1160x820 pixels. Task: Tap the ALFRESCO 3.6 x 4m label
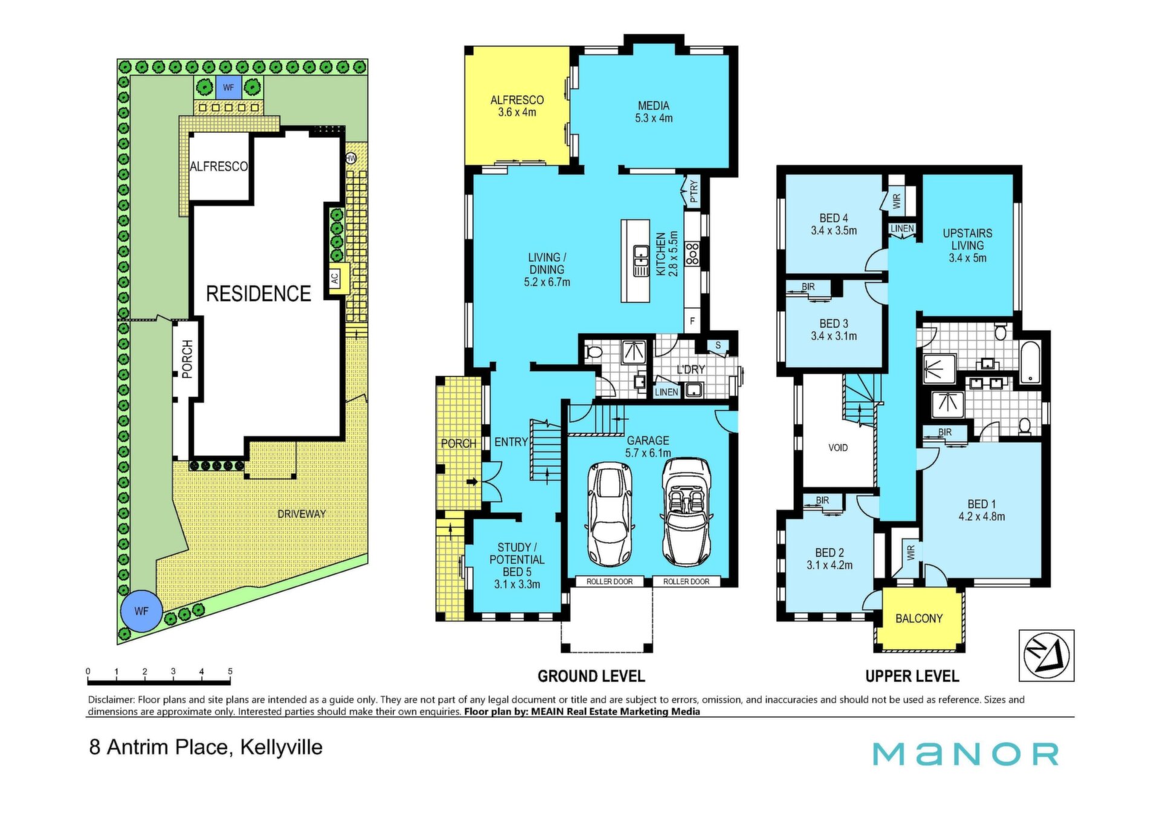[x=517, y=106]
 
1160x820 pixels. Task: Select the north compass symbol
[x=1046, y=656]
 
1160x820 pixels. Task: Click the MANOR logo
[x=965, y=754]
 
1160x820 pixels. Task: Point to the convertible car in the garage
[x=686, y=512]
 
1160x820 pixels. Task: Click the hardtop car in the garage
[x=610, y=514]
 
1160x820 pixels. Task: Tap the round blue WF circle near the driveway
[x=141, y=611]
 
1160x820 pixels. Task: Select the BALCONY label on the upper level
[x=919, y=618]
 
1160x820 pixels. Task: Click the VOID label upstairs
[x=838, y=448]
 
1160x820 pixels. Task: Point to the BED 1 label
[x=982, y=510]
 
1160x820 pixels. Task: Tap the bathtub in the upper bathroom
[x=1030, y=363]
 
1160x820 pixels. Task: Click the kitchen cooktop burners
[x=692, y=253]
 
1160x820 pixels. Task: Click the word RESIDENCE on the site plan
[x=259, y=294]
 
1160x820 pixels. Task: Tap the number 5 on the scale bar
[x=230, y=671]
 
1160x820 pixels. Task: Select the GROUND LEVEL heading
[x=591, y=676]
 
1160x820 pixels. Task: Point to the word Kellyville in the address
[x=282, y=747]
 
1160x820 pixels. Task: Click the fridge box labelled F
[x=692, y=321]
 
